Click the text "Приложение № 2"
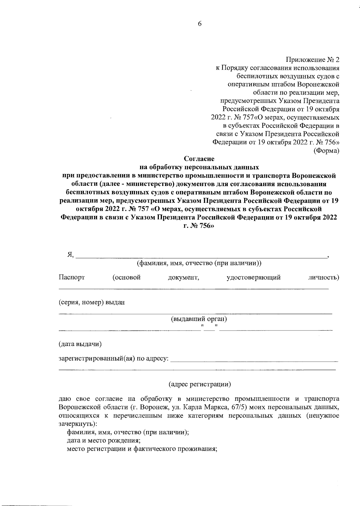312,60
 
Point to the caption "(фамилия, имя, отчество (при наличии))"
199,263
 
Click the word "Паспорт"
71,277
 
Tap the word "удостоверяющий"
253,277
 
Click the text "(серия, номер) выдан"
91,302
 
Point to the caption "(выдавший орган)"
199,319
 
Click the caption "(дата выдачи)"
80,344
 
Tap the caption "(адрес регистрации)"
199,384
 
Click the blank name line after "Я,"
201,257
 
